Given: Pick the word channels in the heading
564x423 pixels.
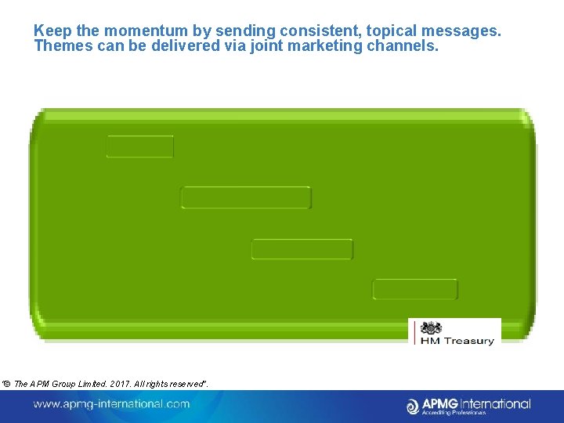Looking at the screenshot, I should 403,46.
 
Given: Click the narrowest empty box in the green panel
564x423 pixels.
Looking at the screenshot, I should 140,146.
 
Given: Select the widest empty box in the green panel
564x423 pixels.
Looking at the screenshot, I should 246,197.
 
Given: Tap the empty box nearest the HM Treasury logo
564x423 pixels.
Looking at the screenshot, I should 414,289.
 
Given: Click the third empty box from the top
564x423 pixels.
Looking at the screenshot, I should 302,250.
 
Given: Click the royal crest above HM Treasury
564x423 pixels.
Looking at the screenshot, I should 431,328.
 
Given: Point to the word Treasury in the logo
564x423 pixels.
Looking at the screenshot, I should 468,341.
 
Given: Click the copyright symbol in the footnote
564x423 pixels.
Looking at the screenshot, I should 6,382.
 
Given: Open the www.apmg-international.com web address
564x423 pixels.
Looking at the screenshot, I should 111,404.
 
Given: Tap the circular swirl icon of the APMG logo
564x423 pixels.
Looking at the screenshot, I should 414,406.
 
